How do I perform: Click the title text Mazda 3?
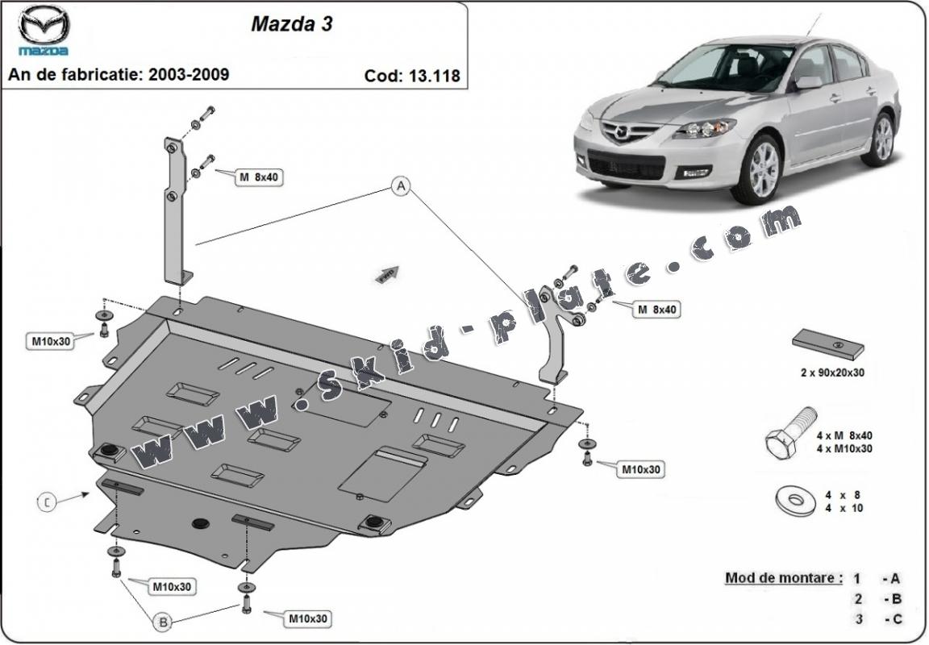click(x=291, y=23)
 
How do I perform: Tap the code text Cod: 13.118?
click(x=412, y=76)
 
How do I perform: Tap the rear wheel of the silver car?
click(x=884, y=139)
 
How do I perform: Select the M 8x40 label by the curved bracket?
click(x=656, y=309)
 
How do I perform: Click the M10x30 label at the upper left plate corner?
click(x=52, y=341)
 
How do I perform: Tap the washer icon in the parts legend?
click(x=794, y=500)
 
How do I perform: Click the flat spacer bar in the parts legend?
click(x=828, y=343)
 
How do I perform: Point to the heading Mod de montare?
click(x=784, y=577)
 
